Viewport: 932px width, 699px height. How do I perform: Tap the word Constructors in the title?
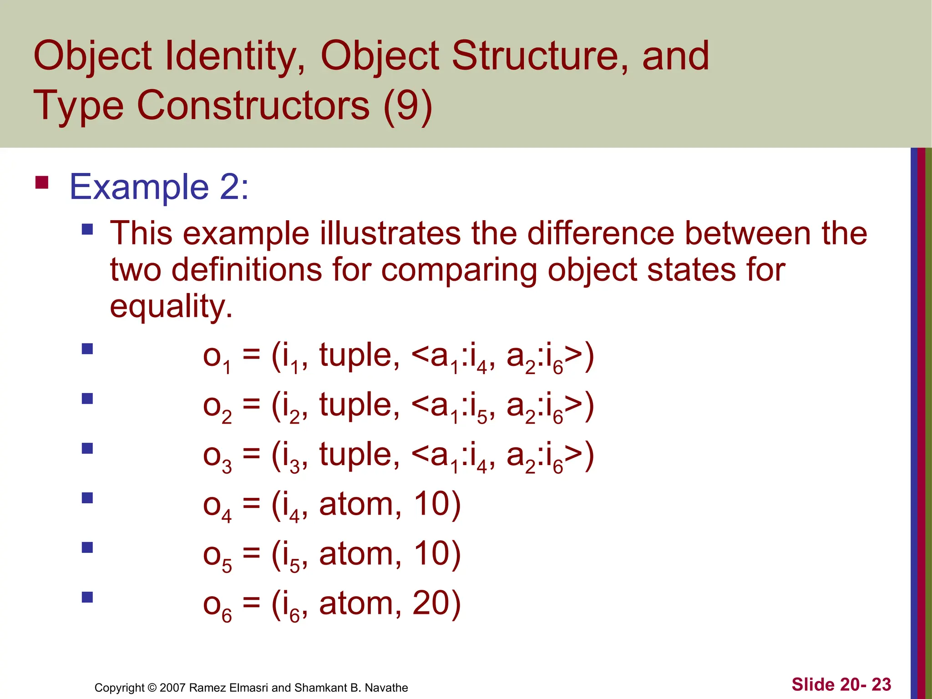pyautogui.click(x=253, y=106)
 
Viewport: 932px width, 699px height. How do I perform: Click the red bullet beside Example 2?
pyautogui.click(x=42, y=182)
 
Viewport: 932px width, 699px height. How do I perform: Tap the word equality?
pyautogui.click(x=171, y=307)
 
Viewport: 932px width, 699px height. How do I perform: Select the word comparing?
pyautogui.click(x=459, y=270)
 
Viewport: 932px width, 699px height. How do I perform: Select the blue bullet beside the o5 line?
pyautogui.click(x=87, y=547)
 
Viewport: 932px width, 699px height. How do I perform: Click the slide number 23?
pyautogui.click(x=881, y=684)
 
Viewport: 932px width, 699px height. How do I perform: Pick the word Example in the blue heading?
pyautogui.click(x=139, y=187)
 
